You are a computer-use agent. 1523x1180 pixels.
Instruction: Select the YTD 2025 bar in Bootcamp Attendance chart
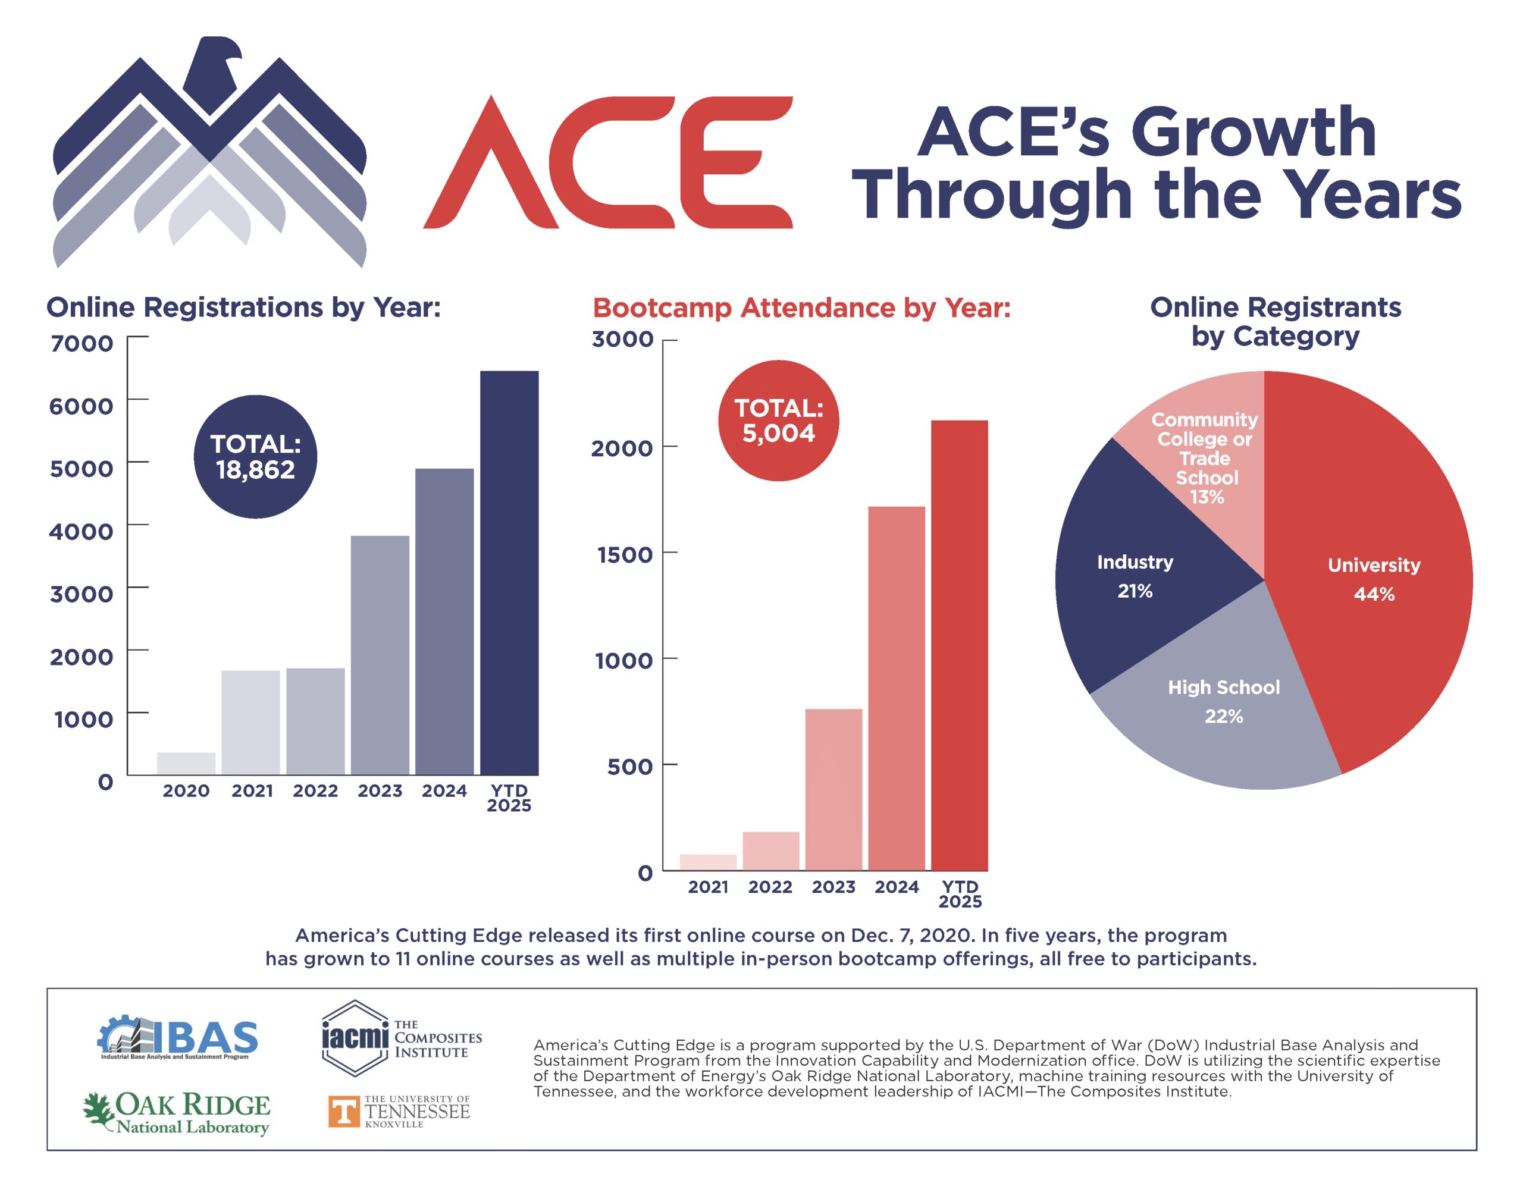(959, 645)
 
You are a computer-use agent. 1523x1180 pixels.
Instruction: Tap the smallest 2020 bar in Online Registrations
(186, 763)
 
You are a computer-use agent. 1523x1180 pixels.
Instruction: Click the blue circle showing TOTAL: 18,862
(255, 457)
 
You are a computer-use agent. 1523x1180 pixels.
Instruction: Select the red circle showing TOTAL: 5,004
(778, 420)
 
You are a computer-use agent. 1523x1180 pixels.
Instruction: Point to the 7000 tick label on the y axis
(82, 344)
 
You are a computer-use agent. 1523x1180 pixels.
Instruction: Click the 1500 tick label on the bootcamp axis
(624, 555)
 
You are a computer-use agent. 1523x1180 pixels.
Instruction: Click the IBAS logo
(177, 1037)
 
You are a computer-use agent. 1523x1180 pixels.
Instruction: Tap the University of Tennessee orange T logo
(344, 1111)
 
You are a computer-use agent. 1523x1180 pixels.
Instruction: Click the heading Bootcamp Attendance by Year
(801, 307)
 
